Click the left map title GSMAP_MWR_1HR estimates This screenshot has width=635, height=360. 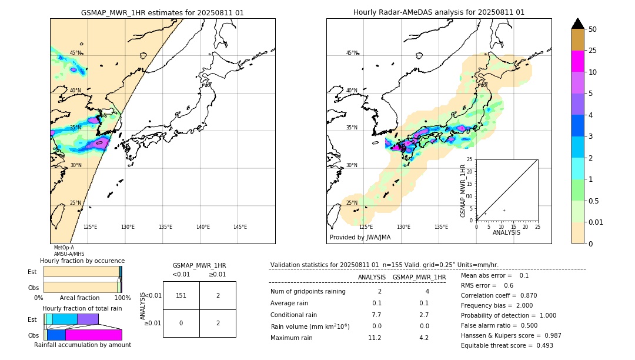[x=162, y=12]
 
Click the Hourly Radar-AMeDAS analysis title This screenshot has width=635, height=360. [x=439, y=12]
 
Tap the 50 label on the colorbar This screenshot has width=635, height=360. [x=593, y=29]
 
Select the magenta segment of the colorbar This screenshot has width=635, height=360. [x=577, y=61]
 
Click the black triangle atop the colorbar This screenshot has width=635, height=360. [x=577, y=24]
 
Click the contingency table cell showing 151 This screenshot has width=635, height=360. [x=181, y=295]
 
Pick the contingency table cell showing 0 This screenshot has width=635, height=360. [x=181, y=323]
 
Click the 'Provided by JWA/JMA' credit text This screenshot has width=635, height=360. [x=360, y=237]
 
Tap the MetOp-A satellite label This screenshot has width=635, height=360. [x=64, y=248]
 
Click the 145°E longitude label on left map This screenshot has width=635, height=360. [x=240, y=227]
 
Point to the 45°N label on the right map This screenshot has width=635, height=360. [x=352, y=53]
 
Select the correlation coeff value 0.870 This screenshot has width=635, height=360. [x=528, y=295]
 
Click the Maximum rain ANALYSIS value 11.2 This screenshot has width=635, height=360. [x=375, y=338]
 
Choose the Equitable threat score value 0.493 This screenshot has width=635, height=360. [x=541, y=345]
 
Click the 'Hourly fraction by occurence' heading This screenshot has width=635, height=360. [x=82, y=261]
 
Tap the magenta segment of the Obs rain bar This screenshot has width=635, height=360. [x=93, y=335]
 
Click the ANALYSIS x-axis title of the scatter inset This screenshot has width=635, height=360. [x=506, y=232]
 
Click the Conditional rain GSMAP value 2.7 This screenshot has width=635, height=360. [x=423, y=315]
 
